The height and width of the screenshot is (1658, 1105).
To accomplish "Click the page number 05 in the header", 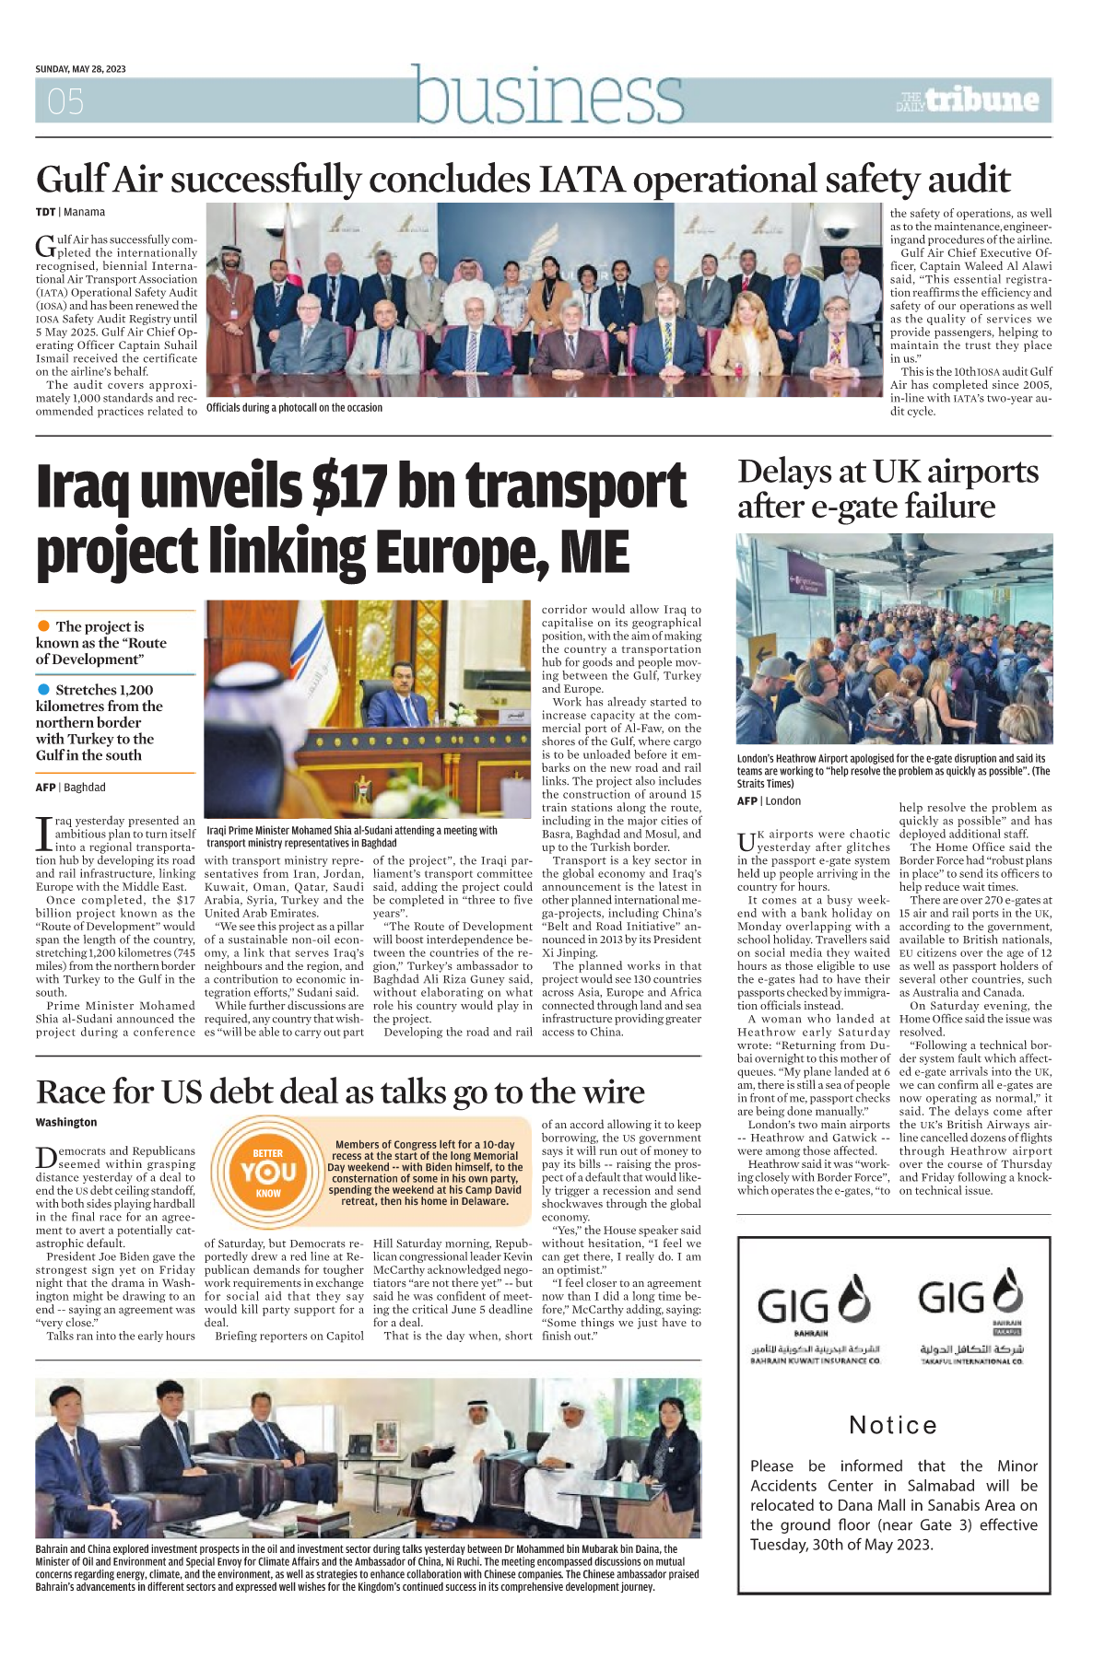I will click(x=65, y=101).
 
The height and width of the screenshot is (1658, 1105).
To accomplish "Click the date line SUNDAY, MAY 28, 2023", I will click(x=80, y=69).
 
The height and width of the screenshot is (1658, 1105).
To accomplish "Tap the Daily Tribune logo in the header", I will click(x=968, y=99).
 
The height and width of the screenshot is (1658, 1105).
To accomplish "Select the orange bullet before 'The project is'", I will click(x=43, y=626).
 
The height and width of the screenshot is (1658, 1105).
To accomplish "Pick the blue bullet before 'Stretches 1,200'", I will click(x=43, y=689).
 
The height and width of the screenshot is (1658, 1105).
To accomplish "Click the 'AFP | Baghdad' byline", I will click(x=71, y=788).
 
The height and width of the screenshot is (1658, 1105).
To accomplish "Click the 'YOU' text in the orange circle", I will click(x=268, y=1172).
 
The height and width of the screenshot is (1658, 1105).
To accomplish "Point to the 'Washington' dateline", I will click(x=66, y=1122).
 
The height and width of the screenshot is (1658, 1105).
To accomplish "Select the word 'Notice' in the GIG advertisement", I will click(x=893, y=1425).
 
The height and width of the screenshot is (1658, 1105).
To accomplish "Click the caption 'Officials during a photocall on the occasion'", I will click(x=294, y=407).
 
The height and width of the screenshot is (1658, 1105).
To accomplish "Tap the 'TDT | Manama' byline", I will click(x=70, y=212).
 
